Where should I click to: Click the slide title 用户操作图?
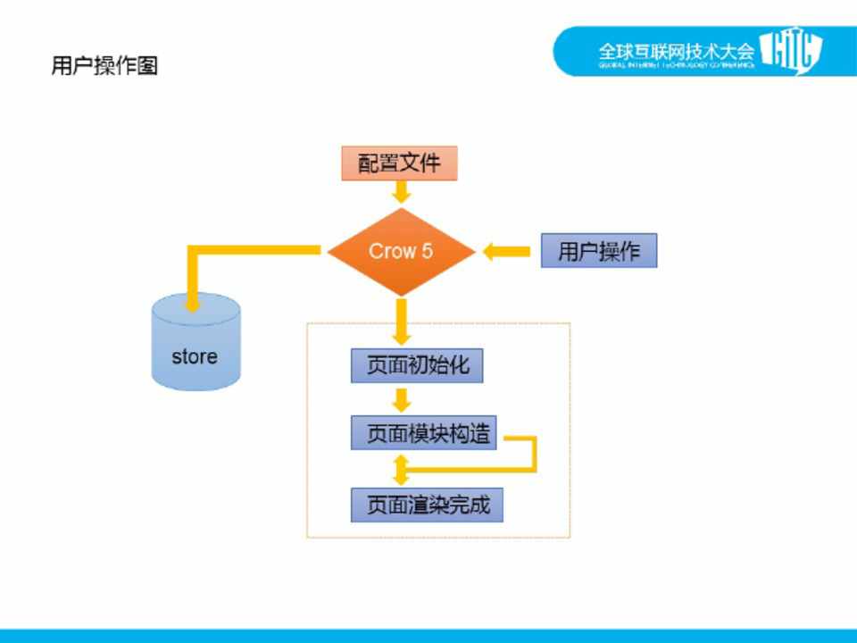[104, 66]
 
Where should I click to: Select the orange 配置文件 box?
[399, 163]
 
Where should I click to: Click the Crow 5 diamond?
[401, 251]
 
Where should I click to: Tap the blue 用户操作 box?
[598, 251]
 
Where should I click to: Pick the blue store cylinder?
[196, 344]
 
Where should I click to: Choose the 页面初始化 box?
[417, 366]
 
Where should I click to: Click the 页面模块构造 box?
[424, 434]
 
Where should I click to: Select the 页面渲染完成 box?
[427, 505]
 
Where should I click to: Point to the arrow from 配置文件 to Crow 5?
[401, 191]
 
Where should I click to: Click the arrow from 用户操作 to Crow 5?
[506, 252]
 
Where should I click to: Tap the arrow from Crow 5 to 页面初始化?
[402, 321]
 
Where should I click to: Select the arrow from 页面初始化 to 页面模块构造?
[402, 399]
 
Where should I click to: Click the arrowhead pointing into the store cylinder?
[191, 303]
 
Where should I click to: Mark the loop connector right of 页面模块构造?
[534, 454]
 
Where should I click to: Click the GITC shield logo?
[790, 51]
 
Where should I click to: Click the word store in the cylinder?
[195, 356]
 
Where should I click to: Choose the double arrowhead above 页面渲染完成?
[401, 467]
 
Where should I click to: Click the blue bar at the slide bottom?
[428, 636]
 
